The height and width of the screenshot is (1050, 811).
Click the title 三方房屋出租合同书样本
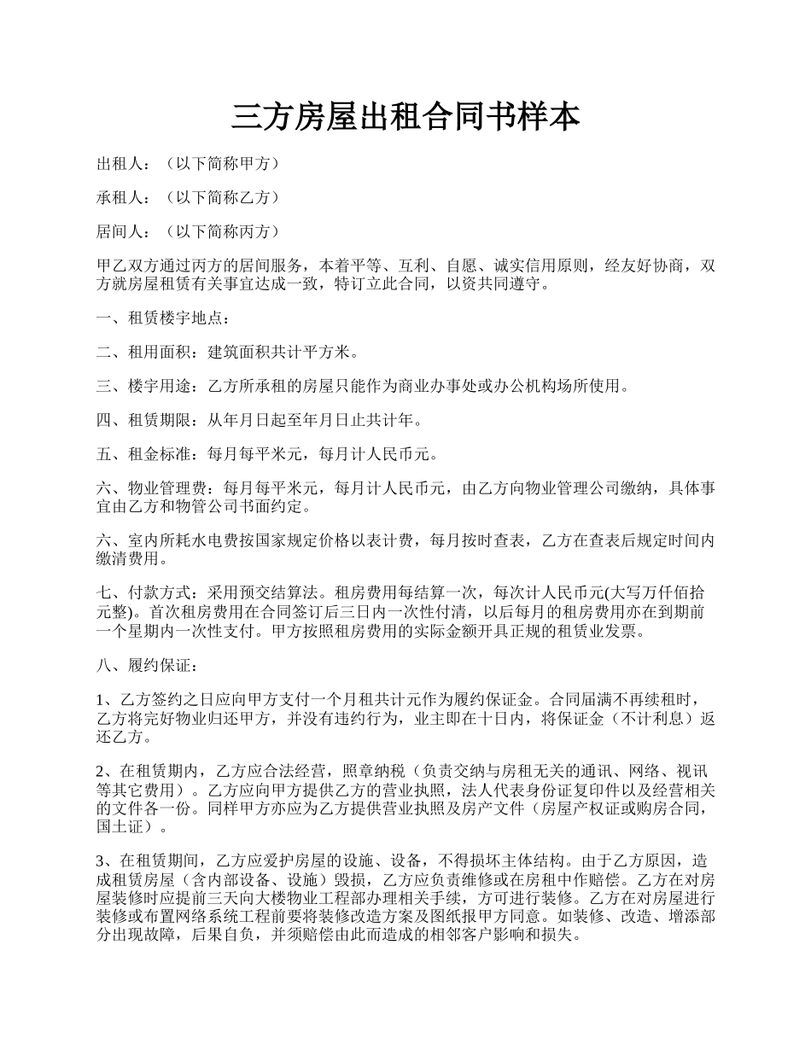pos(405,117)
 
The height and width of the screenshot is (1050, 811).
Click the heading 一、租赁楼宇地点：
pos(163,318)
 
